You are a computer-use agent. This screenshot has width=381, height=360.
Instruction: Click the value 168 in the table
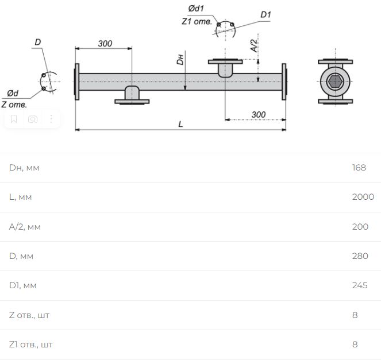(x=359, y=168)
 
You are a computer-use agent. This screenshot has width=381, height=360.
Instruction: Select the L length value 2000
(x=363, y=197)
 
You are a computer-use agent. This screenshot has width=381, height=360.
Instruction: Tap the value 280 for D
(x=360, y=256)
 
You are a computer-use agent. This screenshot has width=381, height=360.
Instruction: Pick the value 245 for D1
(x=360, y=285)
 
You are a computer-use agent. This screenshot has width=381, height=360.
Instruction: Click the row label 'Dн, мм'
(x=24, y=168)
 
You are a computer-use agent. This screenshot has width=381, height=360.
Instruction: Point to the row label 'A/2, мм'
(x=25, y=227)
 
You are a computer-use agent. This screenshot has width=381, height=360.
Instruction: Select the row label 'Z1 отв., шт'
(x=31, y=344)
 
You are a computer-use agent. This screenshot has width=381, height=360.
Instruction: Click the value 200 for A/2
(x=360, y=226)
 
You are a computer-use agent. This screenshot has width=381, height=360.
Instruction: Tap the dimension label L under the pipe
(x=180, y=124)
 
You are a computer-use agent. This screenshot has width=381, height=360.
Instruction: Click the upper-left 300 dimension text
(x=105, y=44)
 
